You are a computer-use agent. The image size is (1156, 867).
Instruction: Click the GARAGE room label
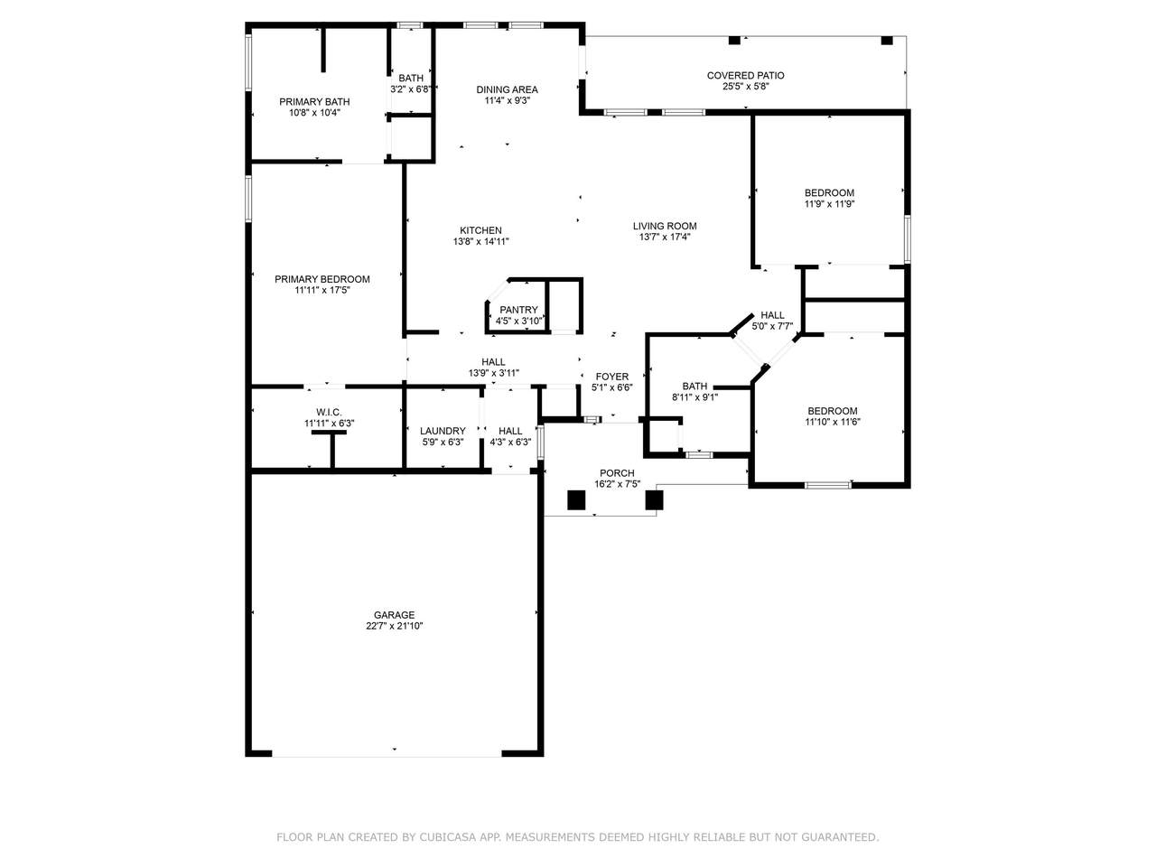tap(394, 615)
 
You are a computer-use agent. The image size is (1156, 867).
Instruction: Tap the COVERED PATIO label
tap(745, 76)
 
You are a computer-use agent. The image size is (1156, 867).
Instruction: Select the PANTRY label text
tap(518, 310)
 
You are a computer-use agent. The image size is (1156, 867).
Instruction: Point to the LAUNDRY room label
tap(443, 431)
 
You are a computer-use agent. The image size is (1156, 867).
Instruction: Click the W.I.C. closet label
tap(329, 412)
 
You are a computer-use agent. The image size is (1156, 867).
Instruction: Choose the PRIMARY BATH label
tap(314, 101)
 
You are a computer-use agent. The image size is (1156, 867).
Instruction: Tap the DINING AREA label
tap(508, 89)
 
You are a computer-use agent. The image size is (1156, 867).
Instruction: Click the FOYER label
tap(612, 377)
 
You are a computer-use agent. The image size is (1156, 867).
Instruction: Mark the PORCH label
tap(617, 473)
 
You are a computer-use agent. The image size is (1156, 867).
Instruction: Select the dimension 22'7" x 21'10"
tap(395, 626)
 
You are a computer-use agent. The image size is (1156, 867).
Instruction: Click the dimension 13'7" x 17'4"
tap(665, 237)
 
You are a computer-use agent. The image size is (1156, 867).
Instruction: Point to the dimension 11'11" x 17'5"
tap(322, 290)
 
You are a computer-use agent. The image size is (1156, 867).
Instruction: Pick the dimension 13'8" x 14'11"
tap(480, 242)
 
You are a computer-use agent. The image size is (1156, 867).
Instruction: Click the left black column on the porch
tap(576, 500)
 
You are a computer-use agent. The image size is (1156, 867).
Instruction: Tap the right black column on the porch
tap(654, 500)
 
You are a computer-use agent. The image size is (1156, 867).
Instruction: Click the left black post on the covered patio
tap(734, 40)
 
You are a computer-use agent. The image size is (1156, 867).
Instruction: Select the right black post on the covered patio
tap(887, 40)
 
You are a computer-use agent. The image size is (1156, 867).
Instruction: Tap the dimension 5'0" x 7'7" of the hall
tap(772, 326)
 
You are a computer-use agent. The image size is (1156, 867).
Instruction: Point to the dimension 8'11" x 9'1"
tap(695, 397)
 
